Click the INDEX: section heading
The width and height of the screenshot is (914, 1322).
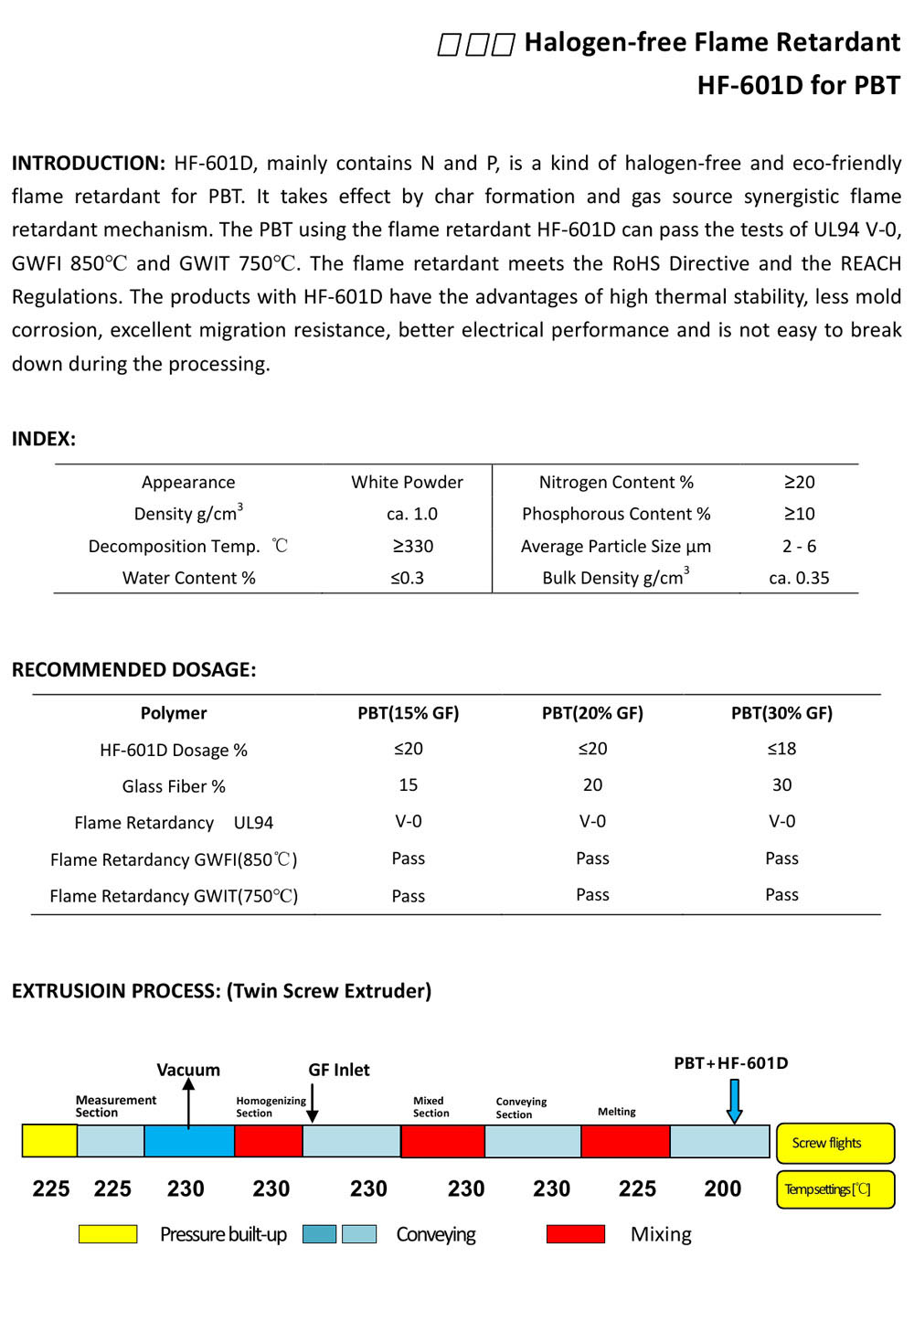(44, 439)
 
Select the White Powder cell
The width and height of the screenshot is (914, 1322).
(407, 482)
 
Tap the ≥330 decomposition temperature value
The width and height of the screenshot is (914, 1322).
(412, 546)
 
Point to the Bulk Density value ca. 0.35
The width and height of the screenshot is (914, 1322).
(799, 578)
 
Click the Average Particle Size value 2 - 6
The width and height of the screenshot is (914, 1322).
(799, 546)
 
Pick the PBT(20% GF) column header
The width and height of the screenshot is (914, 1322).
(592, 713)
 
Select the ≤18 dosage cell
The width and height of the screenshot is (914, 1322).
(781, 749)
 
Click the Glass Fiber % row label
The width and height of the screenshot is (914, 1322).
(174, 786)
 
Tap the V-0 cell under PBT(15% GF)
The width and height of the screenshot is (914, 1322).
(408, 821)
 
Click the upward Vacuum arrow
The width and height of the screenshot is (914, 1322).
(188, 1102)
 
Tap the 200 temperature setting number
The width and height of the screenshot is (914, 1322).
(722, 1189)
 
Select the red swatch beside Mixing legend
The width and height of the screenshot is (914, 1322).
(575, 1234)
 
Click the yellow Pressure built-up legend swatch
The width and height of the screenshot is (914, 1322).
(108, 1234)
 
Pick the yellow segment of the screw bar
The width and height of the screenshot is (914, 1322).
(49, 1141)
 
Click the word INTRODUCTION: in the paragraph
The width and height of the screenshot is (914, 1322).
(88, 164)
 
